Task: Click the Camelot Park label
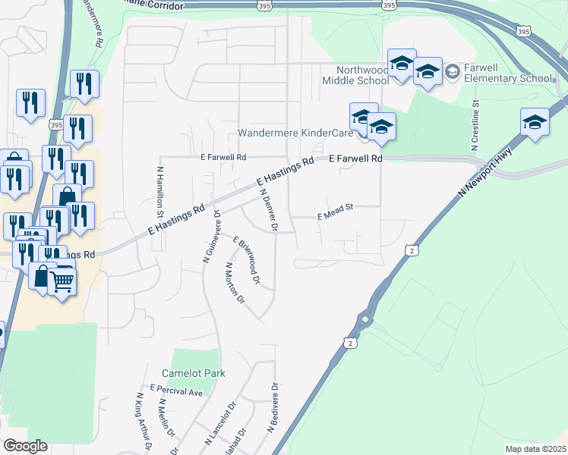193,373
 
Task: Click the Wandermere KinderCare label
296,133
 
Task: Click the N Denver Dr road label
268,210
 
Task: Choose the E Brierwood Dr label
248,261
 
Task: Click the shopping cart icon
62,282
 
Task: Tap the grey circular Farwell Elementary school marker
453,71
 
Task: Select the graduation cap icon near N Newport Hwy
535,122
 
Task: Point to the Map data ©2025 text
535,449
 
